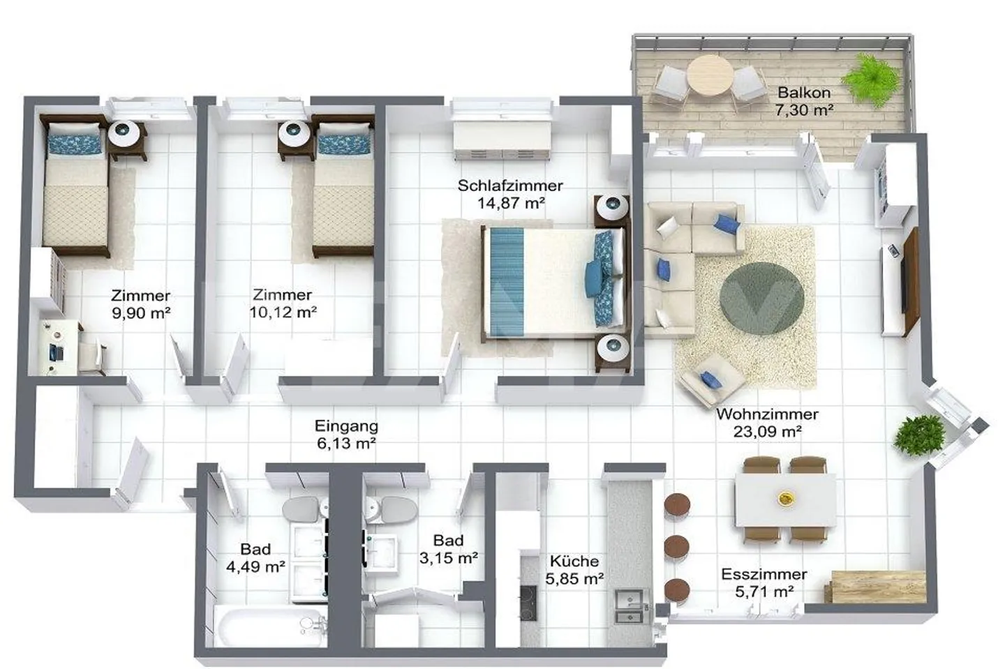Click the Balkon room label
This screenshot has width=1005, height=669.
coord(804,93)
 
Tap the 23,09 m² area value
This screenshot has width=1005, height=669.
coord(766,432)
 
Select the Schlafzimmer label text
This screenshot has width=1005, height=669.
coord(510,186)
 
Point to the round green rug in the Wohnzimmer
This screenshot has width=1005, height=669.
coord(761,299)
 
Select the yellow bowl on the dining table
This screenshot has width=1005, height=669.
coord(787,497)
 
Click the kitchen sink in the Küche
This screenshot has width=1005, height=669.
coord(630,606)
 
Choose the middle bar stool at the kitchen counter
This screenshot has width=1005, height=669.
coord(676,546)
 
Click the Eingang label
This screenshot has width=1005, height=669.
coord(346,426)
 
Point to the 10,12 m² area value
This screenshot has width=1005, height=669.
coord(283,313)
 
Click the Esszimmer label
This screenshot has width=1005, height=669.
coord(764,574)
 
